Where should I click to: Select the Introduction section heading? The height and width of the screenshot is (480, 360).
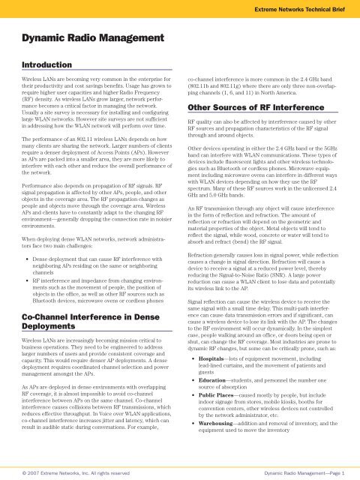48,65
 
